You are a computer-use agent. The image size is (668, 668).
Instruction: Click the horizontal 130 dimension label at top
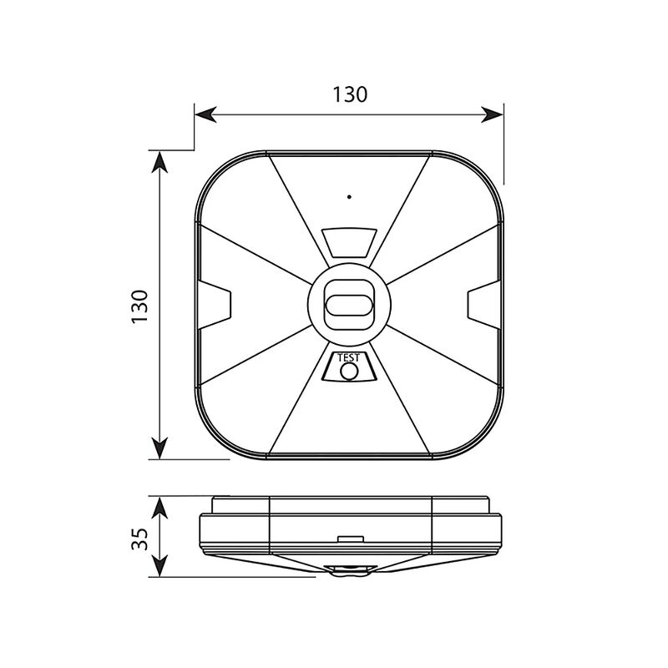(x=349, y=94)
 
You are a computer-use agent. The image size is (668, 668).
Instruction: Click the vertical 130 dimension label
(x=139, y=306)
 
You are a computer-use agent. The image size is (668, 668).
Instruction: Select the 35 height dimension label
(x=139, y=539)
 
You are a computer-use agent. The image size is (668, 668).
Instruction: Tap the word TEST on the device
(x=348, y=358)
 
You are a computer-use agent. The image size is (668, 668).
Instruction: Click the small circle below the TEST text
(x=349, y=372)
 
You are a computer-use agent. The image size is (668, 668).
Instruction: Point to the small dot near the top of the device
(x=349, y=197)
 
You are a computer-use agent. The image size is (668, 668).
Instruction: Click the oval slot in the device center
(x=348, y=305)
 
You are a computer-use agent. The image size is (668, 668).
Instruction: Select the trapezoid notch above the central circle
(x=349, y=243)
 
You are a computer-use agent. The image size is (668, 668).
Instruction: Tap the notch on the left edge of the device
(x=215, y=305)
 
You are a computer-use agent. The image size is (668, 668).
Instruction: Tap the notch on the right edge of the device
(x=483, y=305)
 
